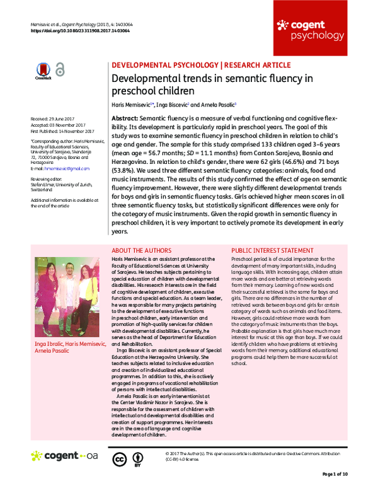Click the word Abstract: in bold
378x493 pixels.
point(124,119)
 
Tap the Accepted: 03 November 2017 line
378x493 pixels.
point(57,124)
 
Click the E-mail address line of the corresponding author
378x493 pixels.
point(60,168)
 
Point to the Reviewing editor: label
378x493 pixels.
point(48,178)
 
